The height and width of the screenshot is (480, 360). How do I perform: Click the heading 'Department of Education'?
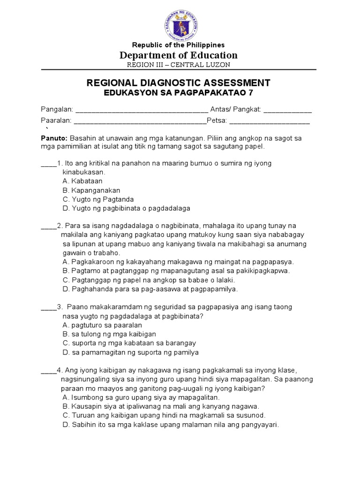(x=178, y=55)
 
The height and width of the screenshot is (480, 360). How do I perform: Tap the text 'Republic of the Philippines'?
(x=178, y=45)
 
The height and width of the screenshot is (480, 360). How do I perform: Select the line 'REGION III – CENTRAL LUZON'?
(x=178, y=65)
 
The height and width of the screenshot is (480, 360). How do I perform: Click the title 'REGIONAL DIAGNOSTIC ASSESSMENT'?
(x=178, y=83)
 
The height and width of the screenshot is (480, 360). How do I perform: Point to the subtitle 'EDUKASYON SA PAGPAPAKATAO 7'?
(x=178, y=93)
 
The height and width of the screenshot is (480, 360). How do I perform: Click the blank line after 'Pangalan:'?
(x=142, y=110)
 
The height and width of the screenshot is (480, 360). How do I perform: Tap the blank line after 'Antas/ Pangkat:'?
(x=287, y=110)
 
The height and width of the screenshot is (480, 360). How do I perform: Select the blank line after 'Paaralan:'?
(x=140, y=121)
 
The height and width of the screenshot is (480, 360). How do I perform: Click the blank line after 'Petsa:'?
(x=270, y=121)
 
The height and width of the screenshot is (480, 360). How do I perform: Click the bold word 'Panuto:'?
(x=53, y=138)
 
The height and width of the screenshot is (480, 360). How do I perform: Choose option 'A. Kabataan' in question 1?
(x=82, y=181)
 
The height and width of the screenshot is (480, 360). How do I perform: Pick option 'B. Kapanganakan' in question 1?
(x=91, y=190)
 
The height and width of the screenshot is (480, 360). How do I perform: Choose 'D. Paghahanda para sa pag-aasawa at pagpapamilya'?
(x=150, y=289)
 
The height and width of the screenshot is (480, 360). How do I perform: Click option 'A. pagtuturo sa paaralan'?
(x=102, y=325)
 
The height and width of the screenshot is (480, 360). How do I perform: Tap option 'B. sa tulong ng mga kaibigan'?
(x=109, y=334)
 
